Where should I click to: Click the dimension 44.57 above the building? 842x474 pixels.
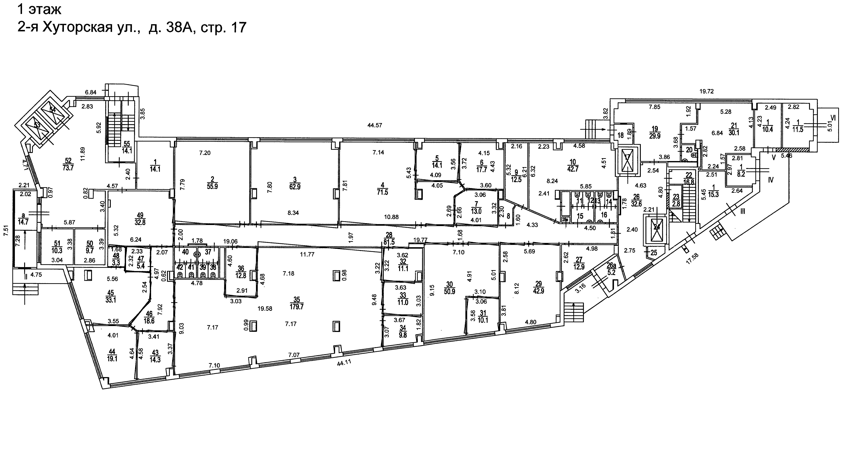pyautogui.click(x=375, y=125)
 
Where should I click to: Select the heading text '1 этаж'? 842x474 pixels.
pyautogui.click(x=39, y=10)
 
